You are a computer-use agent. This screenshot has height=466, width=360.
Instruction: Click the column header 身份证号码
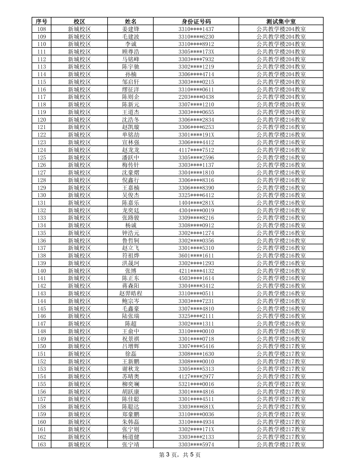(x=196, y=21)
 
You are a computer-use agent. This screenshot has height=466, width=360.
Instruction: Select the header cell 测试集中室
(x=281, y=21)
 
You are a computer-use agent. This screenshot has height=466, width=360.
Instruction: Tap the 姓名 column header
(x=130, y=21)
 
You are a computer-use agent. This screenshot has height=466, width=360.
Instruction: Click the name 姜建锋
(x=130, y=29)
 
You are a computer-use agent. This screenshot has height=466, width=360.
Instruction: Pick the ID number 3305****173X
(x=196, y=52)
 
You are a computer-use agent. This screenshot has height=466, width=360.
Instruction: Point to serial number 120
(x=42, y=120)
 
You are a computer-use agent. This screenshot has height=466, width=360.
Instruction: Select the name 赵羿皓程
(x=130, y=293)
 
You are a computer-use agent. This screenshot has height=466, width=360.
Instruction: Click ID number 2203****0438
(x=196, y=97)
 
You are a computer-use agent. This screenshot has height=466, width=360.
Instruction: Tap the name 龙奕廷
(x=130, y=210)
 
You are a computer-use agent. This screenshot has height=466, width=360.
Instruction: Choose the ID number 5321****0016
(x=196, y=384)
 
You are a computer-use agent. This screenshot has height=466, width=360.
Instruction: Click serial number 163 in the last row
(x=42, y=445)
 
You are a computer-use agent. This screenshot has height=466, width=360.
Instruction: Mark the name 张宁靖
(x=130, y=445)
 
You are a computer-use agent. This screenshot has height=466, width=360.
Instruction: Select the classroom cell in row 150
(x=281, y=346)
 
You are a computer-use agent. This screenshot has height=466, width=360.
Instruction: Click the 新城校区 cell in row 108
(x=79, y=29)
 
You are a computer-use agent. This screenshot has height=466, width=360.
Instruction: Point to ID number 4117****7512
(x=196, y=150)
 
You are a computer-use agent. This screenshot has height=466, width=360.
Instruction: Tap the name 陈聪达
(x=130, y=407)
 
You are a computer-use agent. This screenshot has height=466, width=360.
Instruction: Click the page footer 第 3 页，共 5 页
(x=180, y=455)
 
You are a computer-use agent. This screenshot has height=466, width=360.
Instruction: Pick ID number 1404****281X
(x=196, y=203)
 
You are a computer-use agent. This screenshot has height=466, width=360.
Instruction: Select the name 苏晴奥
(x=130, y=376)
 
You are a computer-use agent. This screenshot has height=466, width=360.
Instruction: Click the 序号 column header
(x=42, y=21)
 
